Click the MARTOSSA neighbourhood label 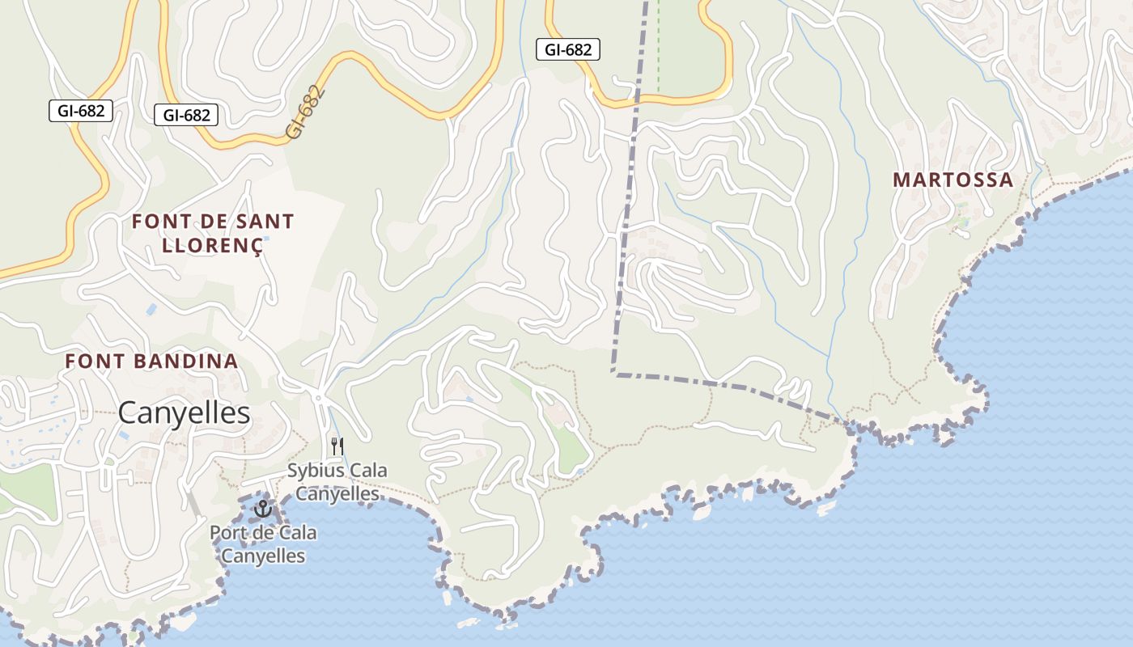(953, 180)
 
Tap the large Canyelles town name (184, 413)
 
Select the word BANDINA (189, 362)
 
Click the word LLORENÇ (213, 245)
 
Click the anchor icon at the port (262, 509)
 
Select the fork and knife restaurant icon (337, 446)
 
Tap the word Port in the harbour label (227, 534)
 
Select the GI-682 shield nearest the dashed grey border (567, 49)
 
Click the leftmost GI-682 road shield (80, 111)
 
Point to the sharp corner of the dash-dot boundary (614, 374)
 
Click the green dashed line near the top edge (658, 49)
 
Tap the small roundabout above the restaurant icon (319, 398)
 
